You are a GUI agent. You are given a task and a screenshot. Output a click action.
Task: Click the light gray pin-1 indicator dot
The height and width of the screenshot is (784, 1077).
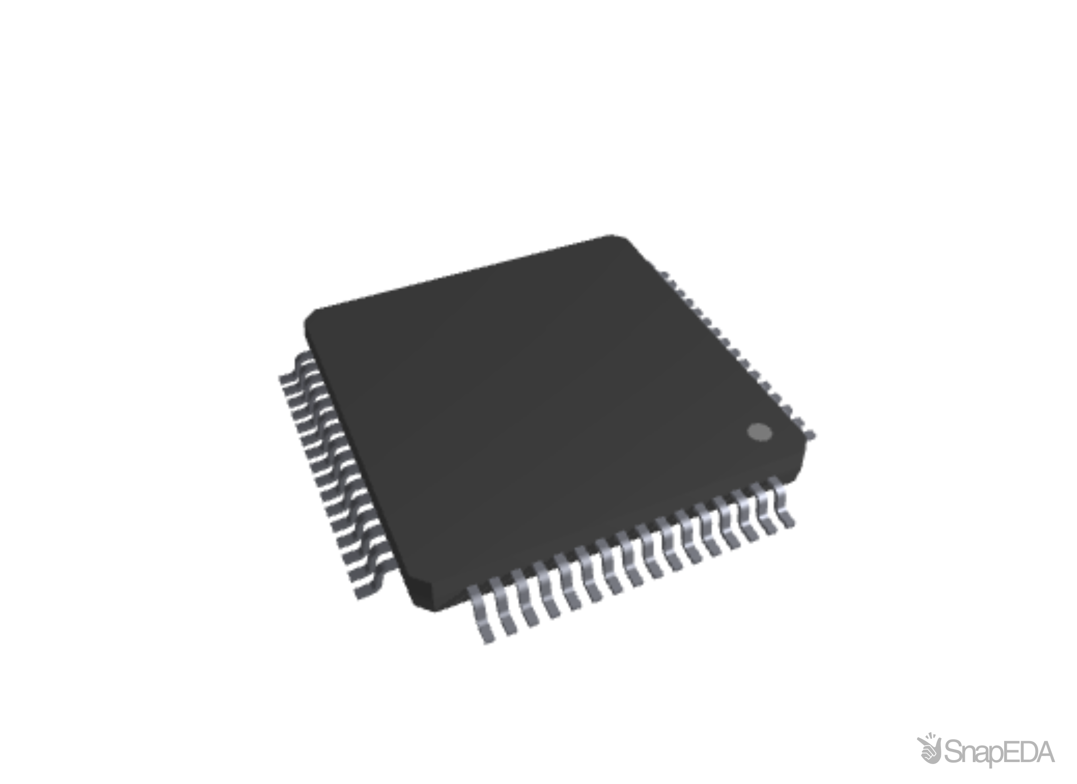click(759, 432)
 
